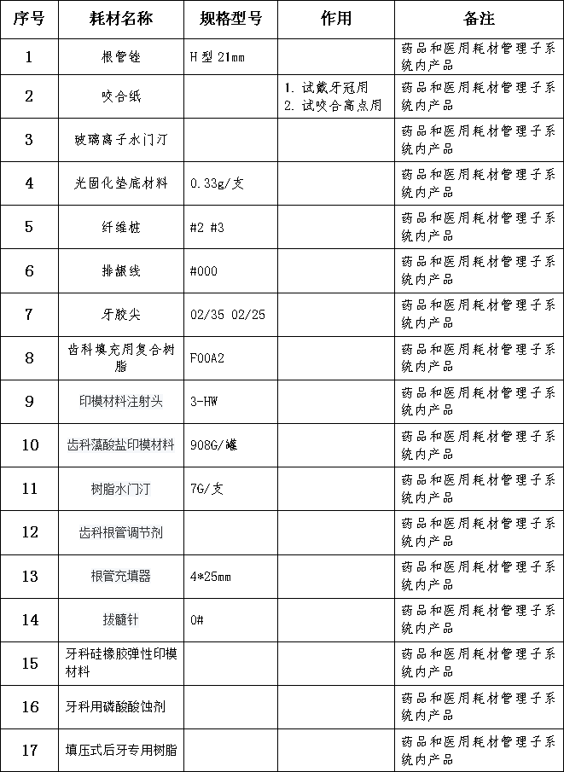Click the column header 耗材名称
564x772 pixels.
point(120,19)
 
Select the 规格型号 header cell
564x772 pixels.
point(230,19)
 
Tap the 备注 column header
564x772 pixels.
point(479,19)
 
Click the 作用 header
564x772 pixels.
point(336,19)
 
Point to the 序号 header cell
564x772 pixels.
point(29,19)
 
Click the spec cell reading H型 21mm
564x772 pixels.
point(218,57)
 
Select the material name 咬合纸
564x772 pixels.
point(120,96)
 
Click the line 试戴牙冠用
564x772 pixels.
point(326,88)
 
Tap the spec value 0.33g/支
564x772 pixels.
point(218,183)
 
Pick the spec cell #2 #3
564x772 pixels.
point(206,228)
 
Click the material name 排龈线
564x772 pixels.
point(120,270)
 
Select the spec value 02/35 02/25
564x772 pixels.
point(228,314)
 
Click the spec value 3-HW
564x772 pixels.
point(203,401)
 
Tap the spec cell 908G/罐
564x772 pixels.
point(214,445)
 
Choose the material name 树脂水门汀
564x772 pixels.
point(120,489)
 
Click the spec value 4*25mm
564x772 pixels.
point(211,576)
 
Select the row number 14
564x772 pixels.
point(30,619)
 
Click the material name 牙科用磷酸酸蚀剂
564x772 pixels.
point(115,707)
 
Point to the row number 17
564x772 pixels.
point(30,751)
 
